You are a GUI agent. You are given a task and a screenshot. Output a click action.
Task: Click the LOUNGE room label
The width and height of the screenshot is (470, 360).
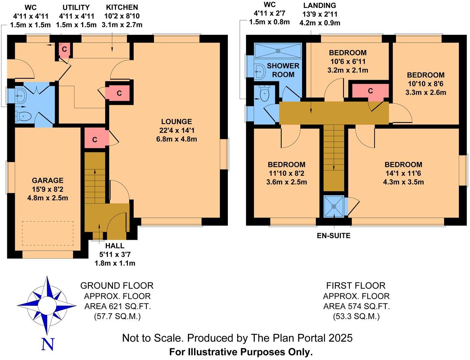pyautogui.click(x=177, y=122)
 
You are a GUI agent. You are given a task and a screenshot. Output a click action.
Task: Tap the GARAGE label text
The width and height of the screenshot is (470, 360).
pyautogui.click(x=48, y=180)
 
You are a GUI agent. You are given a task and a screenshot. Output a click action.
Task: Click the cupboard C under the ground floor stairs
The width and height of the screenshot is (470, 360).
pyautogui.click(x=95, y=139)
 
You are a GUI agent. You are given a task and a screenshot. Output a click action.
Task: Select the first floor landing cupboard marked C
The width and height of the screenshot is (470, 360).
pyautogui.click(x=370, y=91)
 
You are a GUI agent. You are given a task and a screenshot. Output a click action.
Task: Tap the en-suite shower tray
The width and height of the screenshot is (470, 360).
pyautogui.click(x=334, y=206)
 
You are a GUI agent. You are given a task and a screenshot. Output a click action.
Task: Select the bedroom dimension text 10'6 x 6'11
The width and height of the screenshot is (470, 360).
pyautogui.click(x=348, y=61)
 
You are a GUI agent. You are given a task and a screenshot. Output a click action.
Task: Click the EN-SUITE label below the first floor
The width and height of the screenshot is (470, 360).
pyautogui.click(x=334, y=236)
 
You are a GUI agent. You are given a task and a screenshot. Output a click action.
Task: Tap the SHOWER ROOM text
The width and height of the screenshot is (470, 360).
pyautogui.click(x=283, y=70)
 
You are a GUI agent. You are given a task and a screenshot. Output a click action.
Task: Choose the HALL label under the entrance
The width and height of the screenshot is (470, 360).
pyautogui.click(x=115, y=246)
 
